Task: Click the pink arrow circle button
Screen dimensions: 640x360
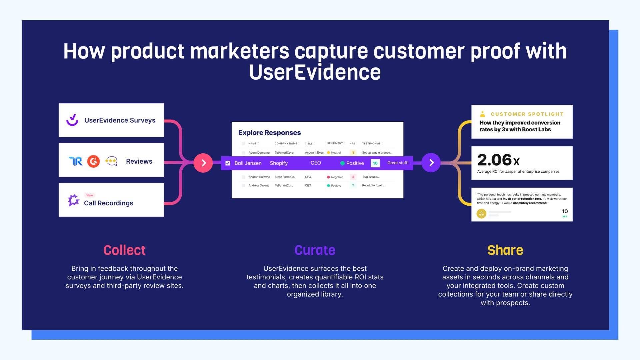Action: pyautogui.click(x=203, y=163)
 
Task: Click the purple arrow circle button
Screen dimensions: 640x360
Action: pyautogui.click(x=431, y=163)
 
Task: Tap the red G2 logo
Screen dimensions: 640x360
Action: pyautogui.click(x=93, y=161)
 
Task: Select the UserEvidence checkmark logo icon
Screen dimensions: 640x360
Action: pyautogui.click(x=72, y=120)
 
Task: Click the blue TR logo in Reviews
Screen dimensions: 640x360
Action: pyautogui.click(x=76, y=161)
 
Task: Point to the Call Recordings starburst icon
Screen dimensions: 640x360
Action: pyautogui.click(x=74, y=200)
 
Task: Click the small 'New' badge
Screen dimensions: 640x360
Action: pyautogui.click(x=90, y=195)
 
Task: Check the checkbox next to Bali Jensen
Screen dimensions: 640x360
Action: pyautogui.click(x=228, y=163)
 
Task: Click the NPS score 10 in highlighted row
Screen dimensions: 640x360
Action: pyautogui.click(x=375, y=163)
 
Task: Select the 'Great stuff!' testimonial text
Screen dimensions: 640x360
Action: pyautogui.click(x=398, y=163)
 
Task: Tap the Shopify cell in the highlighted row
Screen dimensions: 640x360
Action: pyautogui.click(x=279, y=163)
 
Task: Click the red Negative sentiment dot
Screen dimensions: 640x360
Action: pyautogui.click(x=328, y=177)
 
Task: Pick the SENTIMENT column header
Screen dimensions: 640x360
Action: pyautogui.click(x=335, y=143)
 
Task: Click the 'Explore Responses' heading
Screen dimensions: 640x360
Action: pyautogui.click(x=270, y=133)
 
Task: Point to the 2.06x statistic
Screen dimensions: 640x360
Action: pyautogui.click(x=498, y=160)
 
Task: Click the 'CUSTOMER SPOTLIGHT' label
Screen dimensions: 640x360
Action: pyautogui.click(x=527, y=114)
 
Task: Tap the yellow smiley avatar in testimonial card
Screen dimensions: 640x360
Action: pyautogui.click(x=481, y=214)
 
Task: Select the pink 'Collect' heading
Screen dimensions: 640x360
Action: pyautogui.click(x=124, y=250)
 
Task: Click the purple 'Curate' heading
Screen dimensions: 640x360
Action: pyautogui.click(x=315, y=250)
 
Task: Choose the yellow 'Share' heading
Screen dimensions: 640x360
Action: pyautogui.click(x=505, y=250)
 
